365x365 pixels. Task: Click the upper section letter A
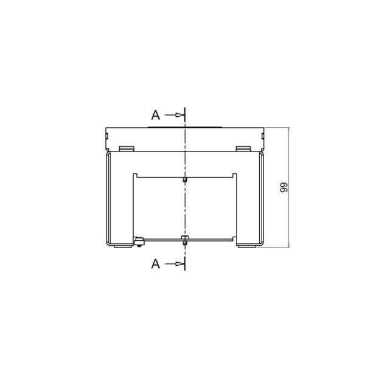coord(156,115)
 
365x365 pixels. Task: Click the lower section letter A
coord(156,264)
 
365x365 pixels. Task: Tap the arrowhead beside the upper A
coord(179,115)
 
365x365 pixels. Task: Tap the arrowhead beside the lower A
coord(179,264)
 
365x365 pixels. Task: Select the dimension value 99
coord(283,187)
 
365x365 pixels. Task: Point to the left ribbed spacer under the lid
coord(127,148)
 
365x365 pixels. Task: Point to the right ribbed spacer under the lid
coord(243,148)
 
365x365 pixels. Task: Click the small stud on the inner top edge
coord(185,179)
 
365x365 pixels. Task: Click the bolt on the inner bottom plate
coord(185,240)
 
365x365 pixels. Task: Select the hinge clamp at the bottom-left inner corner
coord(139,242)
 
